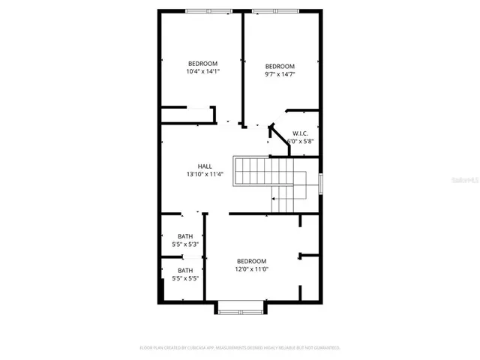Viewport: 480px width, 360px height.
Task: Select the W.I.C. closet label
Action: click(x=300, y=133)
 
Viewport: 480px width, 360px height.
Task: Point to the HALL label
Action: click(x=205, y=166)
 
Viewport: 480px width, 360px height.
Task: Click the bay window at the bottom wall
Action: click(x=240, y=305)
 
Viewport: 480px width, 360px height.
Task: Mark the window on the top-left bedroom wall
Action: click(x=209, y=10)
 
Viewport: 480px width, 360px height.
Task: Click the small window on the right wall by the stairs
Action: click(x=321, y=182)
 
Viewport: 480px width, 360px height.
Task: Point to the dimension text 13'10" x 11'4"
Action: click(x=205, y=174)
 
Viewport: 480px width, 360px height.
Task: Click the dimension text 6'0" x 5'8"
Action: click(x=300, y=141)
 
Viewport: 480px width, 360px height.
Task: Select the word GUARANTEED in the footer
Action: click(x=323, y=348)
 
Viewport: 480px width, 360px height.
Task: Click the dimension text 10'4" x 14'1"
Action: click(x=202, y=72)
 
